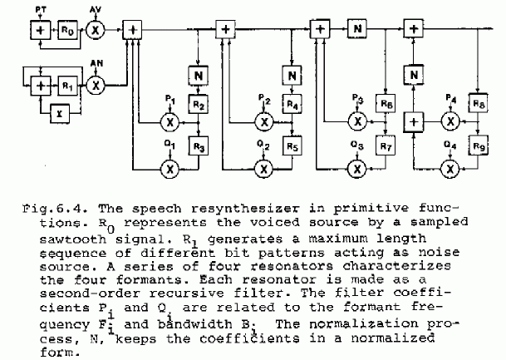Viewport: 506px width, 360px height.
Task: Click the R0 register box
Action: tap(68, 30)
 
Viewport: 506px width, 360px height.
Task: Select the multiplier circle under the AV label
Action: tap(96, 30)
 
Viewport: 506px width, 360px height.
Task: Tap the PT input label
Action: tap(41, 10)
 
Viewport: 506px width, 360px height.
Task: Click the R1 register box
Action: tap(68, 86)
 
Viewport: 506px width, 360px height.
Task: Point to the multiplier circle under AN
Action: tap(96, 86)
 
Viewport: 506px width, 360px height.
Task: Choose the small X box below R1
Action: tap(60, 114)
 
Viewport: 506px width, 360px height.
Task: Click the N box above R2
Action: tap(198, 76)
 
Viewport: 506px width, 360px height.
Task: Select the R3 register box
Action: tap(199, 146)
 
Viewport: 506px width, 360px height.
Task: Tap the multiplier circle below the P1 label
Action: tap(169, 122)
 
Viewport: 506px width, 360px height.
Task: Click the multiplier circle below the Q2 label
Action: tap(263, 169)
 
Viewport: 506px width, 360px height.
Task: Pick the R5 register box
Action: tap(292, 146)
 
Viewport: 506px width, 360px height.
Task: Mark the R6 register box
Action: tap(386, 103)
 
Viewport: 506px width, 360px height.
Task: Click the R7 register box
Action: tap(386, 146)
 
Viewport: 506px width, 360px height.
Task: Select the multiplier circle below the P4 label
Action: tap(450, 121)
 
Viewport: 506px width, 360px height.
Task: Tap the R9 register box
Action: tap(479, 145)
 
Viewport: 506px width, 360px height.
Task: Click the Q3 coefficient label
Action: tap(357, 145)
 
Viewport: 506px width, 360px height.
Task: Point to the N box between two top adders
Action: tap(357, 29)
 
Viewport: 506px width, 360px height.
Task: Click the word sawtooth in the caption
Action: tap(73, 239)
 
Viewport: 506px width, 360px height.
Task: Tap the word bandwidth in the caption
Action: tap(195, 324)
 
